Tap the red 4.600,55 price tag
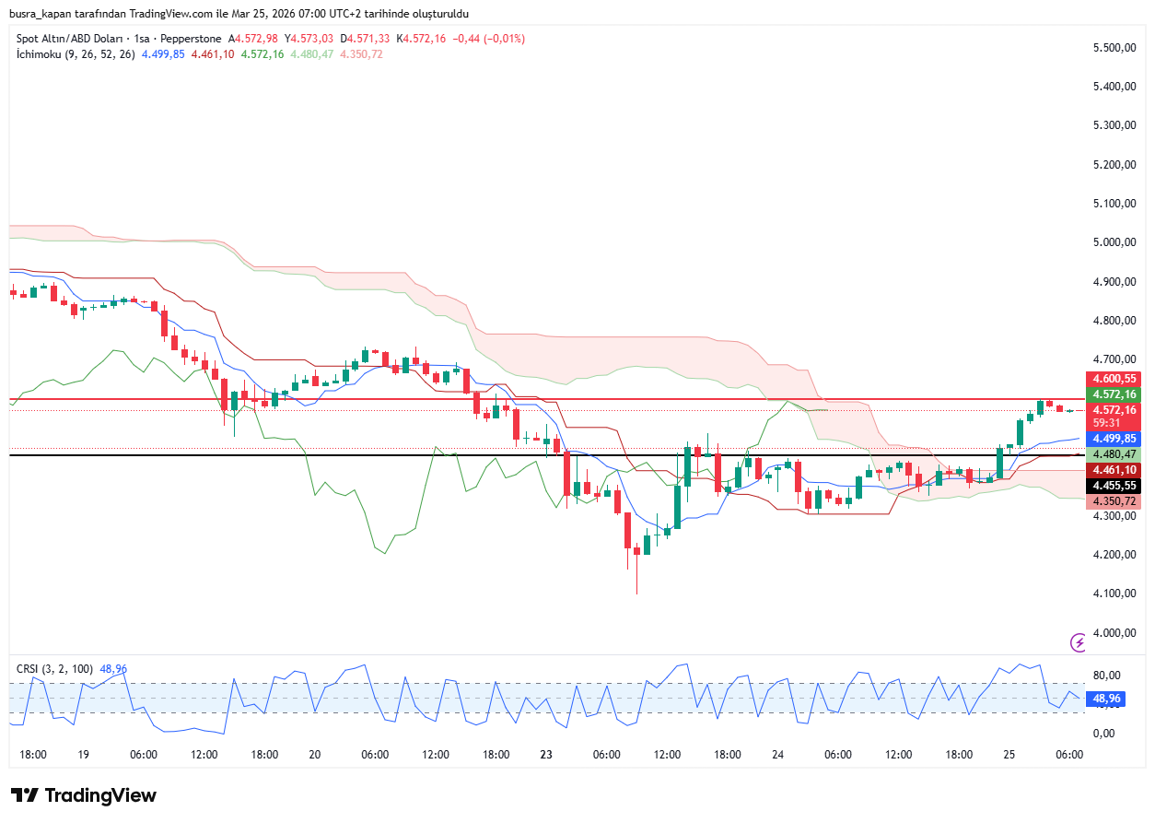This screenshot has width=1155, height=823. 1114,379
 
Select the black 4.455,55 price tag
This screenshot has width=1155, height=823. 1114,485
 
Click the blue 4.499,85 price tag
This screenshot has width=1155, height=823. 1114,439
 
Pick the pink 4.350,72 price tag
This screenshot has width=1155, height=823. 1114,500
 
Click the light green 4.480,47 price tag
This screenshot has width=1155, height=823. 1114,454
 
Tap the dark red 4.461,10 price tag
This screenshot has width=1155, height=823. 1114,469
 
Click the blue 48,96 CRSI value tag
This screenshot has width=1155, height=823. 1106,699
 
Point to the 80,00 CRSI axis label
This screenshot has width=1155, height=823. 1105,676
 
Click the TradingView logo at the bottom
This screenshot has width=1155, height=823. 84,795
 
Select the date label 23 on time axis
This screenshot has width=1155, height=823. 546,755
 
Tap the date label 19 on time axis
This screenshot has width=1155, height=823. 84,755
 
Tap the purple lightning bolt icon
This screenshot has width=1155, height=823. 1078,642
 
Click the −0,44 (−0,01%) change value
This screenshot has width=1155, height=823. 487,39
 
